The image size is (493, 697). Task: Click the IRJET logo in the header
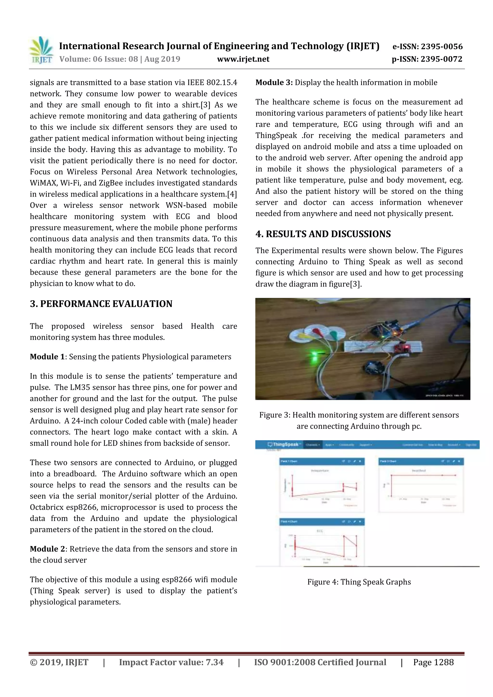(x=41, y=50)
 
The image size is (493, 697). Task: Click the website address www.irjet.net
(x=243, y=59)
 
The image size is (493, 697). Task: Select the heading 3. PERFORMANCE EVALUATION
(x=101, y=304)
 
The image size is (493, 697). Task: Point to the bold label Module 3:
(x=274, y=83)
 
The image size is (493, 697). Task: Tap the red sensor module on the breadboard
(x=403, y=348)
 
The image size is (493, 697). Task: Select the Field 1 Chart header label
(x=289, y=461)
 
